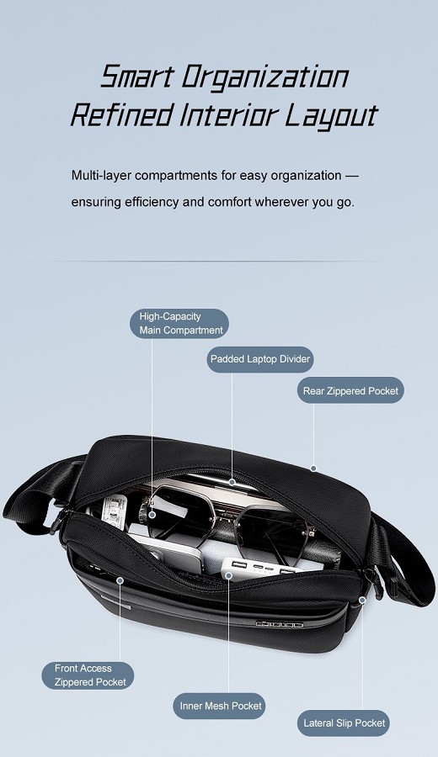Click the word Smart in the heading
coord(136,77)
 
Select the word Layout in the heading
coord(330,117)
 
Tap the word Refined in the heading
coord(122,114)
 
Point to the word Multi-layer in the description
coord(102,175)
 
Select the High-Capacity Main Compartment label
coord(180,324)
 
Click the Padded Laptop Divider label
coord(260,359)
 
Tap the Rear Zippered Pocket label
coord(350,390)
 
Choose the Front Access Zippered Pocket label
coord(88,675)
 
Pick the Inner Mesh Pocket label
coord(220,706)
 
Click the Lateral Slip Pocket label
coord(344,723)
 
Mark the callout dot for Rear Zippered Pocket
coord(313,468)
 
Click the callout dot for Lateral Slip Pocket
coord(362,600)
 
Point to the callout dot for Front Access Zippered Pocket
coord(120,580)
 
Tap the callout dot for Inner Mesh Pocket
coord(228,575)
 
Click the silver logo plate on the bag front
coord(280,624)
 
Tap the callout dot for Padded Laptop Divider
coord(232,482)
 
